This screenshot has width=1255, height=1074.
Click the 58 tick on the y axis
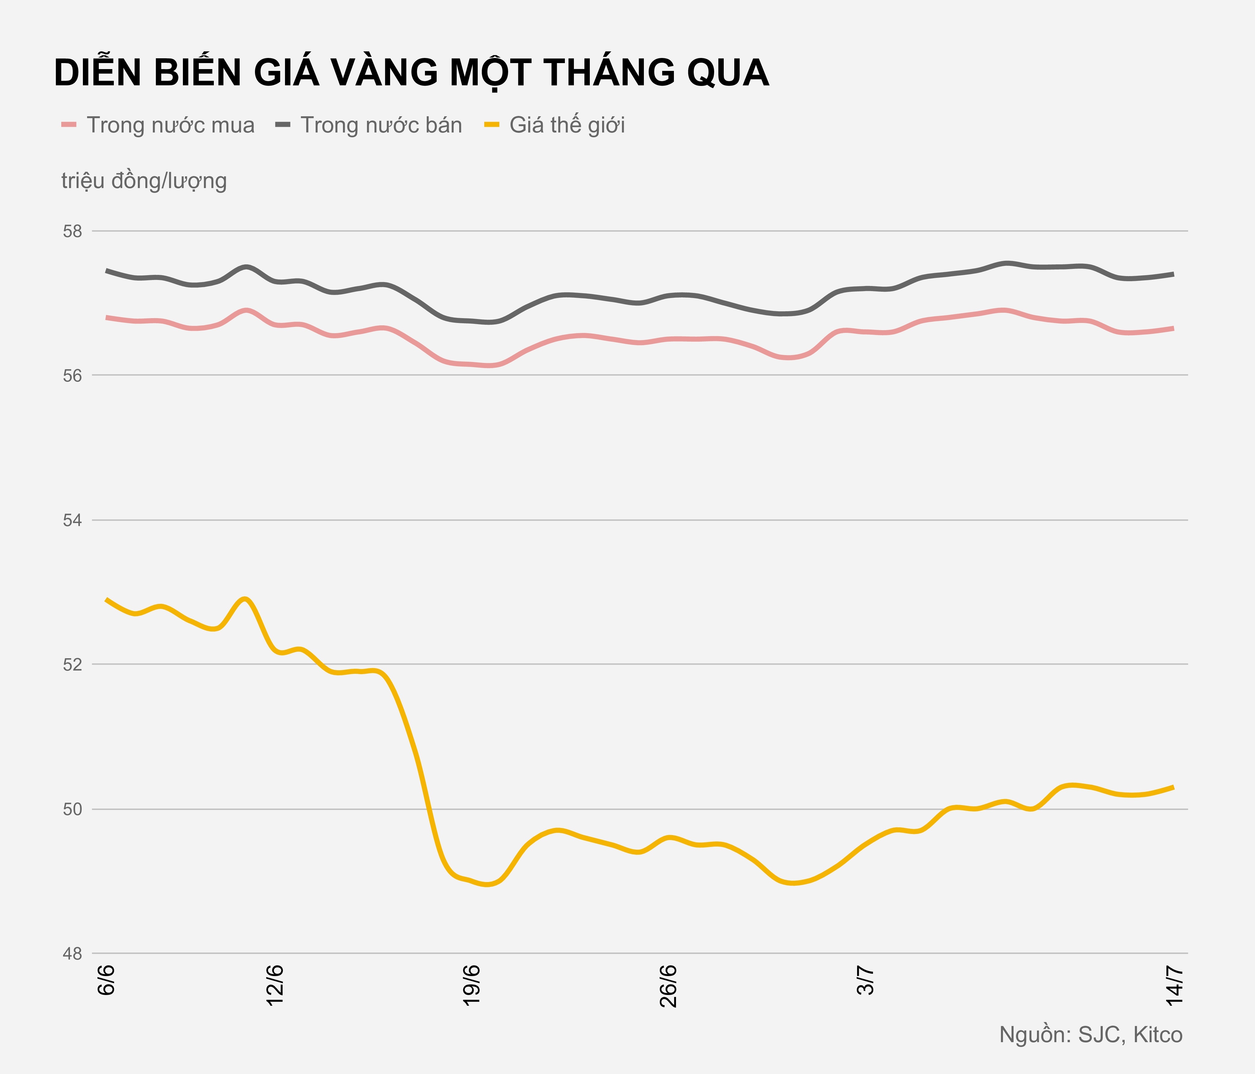[72, 231]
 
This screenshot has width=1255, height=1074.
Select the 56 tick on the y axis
[72, 376]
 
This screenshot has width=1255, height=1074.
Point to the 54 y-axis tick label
[72, 520]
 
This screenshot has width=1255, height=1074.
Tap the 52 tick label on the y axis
[72, 665]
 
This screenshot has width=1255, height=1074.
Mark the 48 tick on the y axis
[72, 954]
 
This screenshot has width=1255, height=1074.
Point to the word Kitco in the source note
[1157, 1035]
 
